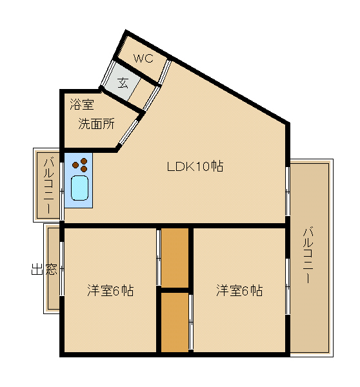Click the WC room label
[x=143, y=59]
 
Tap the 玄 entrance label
[x=123, y=83]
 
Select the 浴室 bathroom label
[x=82, y=104]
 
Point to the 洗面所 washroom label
[x=96, y=124]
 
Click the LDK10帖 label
[x=195, y=166]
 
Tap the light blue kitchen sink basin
[x=79, y=188]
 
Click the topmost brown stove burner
[x=84, y=161]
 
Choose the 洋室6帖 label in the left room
[x=110, y=290]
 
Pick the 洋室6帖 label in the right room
[x=239, y=290]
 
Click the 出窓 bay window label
[x=45, y=269]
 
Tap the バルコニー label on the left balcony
[x=48, y=185]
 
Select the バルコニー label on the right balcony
[x=308, y=255]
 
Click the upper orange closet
[x=175, y=257]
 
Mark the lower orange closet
[x=175, y=322]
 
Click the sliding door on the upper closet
[x=159, y=257]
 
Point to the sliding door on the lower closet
[x=191, y=322]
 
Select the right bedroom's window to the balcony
[x=288, y=286]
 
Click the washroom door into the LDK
[x=128, y=132]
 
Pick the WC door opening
[x=165, y=72]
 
